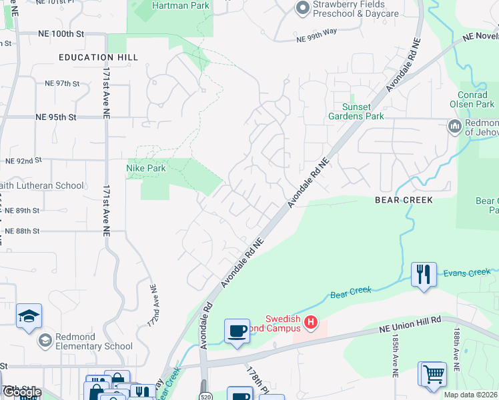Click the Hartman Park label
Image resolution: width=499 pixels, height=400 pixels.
[180, 6]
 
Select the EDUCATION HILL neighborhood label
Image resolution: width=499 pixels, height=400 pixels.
[98, 58]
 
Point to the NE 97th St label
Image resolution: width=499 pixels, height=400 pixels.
[62, 83]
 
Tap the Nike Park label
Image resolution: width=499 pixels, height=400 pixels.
[146, 169]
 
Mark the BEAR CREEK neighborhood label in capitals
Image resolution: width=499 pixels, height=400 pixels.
[404, 200]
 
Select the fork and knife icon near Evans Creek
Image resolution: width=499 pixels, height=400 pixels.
[424, 274]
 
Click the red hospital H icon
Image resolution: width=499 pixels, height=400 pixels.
[310, 323]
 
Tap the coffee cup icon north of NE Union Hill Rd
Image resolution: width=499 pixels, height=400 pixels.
[237, 331]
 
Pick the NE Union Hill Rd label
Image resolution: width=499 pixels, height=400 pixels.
[411, 321]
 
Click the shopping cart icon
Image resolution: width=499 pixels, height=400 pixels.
[433, 373]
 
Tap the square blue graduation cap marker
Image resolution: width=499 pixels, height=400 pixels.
[29, 316]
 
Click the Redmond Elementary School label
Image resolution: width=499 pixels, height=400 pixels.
[93, 342]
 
